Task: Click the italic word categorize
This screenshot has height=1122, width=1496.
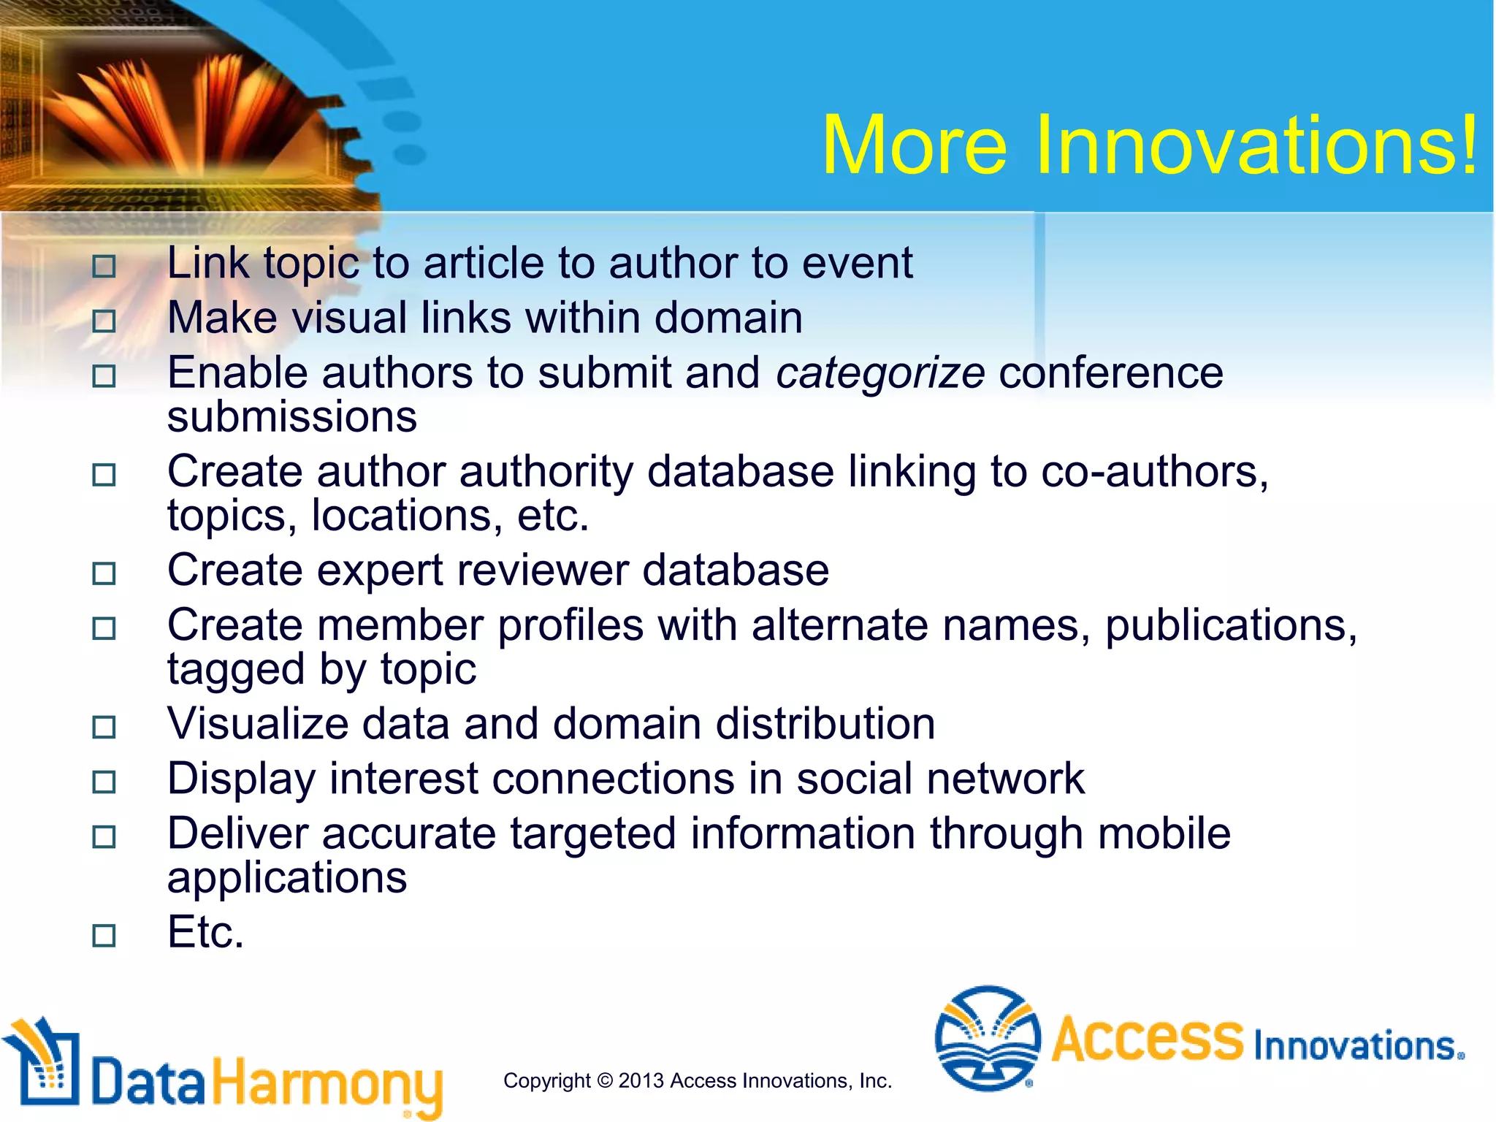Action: [x=879, y=373]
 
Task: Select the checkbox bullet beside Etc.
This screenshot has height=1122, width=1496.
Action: [x=104, y=935]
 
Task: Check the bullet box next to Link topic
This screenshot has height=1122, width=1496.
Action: [x=104, y=266]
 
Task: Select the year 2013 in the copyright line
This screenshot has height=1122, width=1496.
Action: [x=641, y=1080]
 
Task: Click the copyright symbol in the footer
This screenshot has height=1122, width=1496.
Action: [x=604, y=1080]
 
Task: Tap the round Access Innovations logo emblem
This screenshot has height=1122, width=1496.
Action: [x=988, y=1038]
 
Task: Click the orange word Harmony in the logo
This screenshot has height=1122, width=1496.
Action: [x=327, y=1083]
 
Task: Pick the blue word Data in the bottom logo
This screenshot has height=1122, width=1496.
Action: [x=148, y=1083]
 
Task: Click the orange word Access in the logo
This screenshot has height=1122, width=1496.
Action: [x=1147, y=1038]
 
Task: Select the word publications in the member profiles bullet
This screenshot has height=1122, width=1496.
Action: [x=1231, y=626]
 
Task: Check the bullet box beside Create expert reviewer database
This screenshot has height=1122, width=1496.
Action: [x=104, y=573]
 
